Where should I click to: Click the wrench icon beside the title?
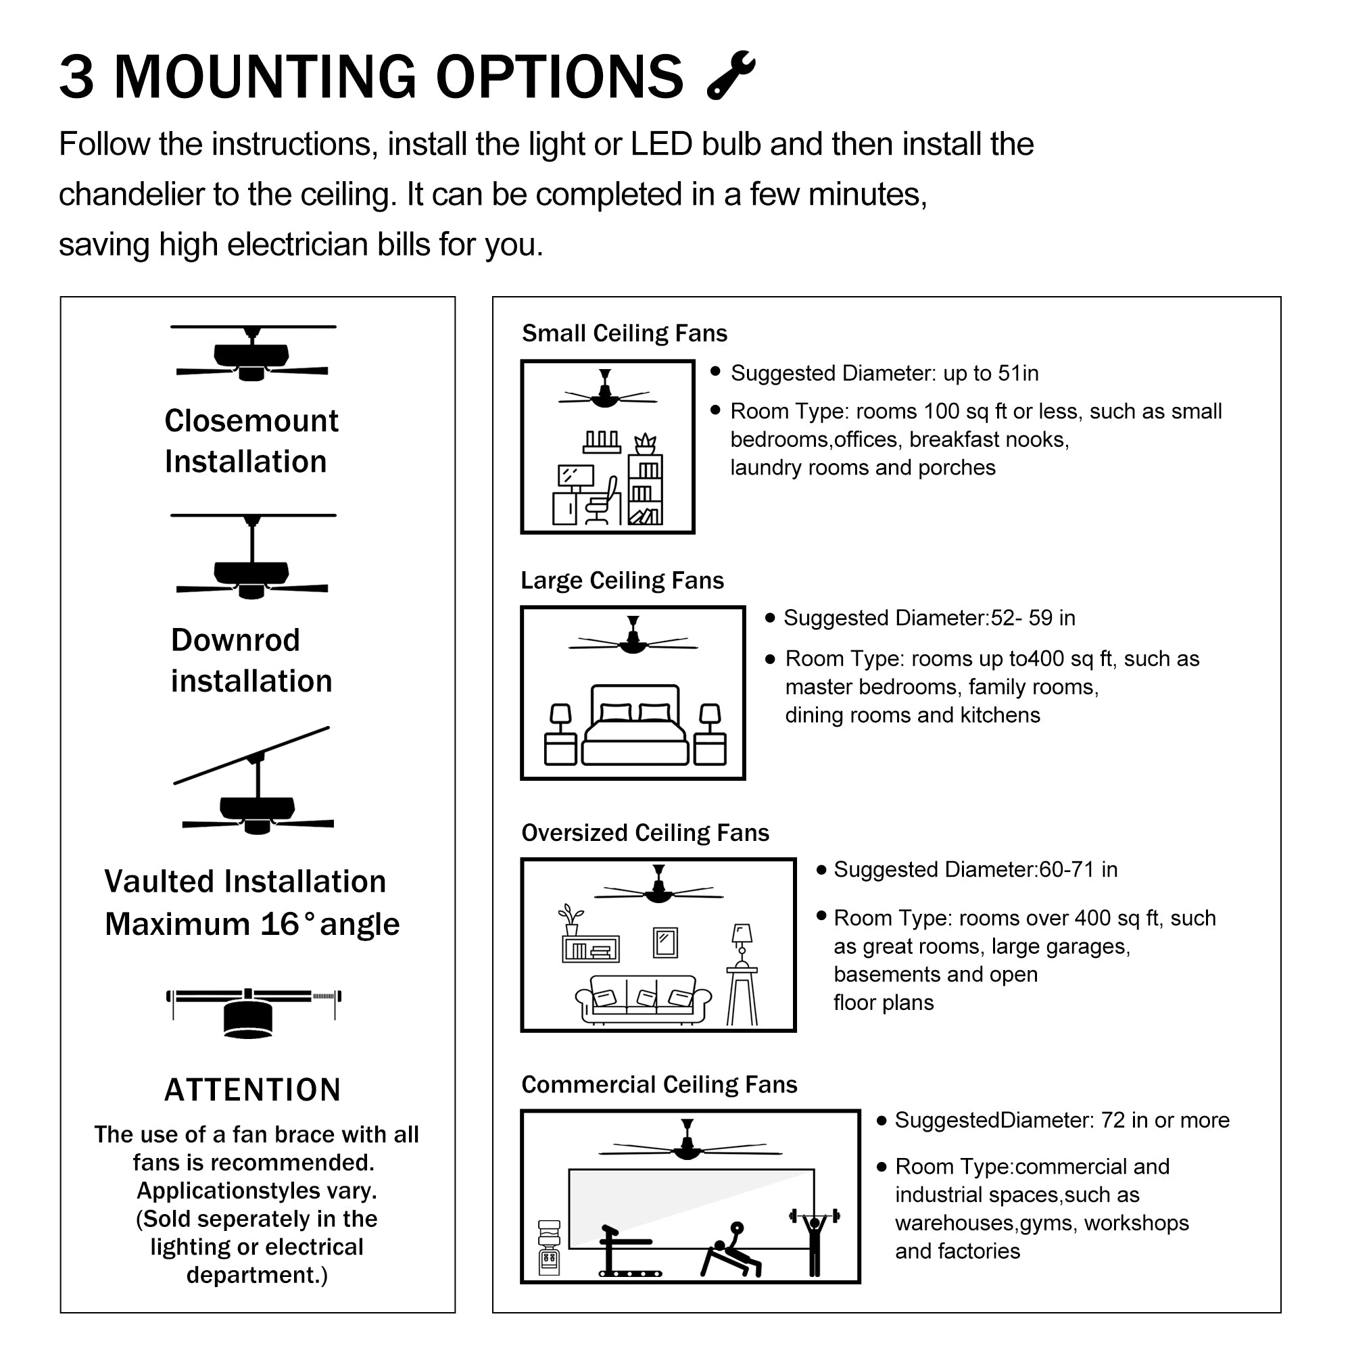[731, 75]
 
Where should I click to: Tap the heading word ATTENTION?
[253, 1090]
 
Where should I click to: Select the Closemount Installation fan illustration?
[253, 354]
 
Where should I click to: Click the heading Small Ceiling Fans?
[624, 333]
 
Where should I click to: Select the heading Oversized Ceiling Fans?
[644, 833]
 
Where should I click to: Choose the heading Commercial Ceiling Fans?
[659, 1085]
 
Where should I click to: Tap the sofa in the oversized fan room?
[642, 1000]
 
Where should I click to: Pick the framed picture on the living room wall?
[665, 942]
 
